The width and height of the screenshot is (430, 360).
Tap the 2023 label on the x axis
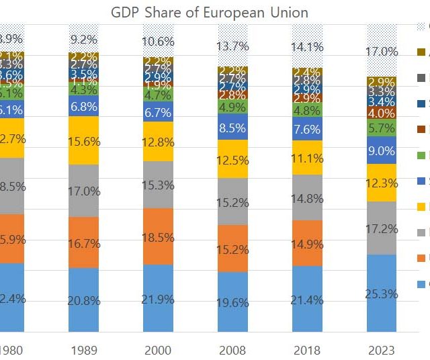(381, 349)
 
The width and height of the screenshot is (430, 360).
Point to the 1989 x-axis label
(83, 349)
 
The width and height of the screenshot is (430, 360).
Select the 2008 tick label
(232, 349)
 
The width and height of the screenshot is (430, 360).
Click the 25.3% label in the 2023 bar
(382, 294)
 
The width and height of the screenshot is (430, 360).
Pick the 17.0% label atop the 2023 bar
(382, 52)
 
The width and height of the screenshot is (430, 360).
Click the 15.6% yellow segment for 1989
(83, 140)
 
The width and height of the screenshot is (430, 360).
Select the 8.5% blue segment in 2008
(232, 126)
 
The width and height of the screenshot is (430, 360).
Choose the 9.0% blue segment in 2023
(382, 151)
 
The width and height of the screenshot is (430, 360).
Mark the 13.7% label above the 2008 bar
(232, 46)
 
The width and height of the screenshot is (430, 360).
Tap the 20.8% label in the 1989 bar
(83, 300)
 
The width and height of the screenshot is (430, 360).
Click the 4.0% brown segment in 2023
(382, 113)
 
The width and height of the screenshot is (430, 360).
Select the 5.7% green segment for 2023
(382, 128)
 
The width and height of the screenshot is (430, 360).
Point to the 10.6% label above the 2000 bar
(158, 43)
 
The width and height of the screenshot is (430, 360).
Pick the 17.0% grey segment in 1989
(83, 191)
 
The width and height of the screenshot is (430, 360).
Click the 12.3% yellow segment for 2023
(382, 183)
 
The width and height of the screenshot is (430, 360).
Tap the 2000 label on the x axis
(158, 349)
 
